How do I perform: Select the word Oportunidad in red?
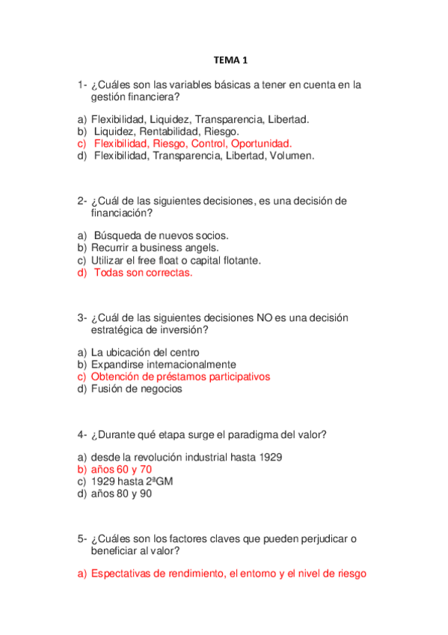[x=261, y=144]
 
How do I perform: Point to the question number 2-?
[x=82, y=201]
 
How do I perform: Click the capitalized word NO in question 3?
[x=265, y=317]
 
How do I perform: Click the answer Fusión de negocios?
[x=136, y=389]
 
